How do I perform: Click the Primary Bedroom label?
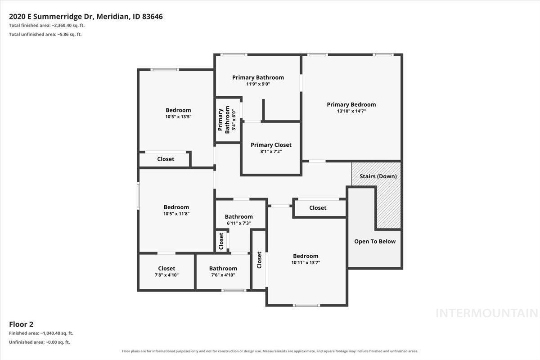click(351, 105)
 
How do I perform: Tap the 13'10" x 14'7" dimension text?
click(351, 111)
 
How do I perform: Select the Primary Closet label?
click(271, 145)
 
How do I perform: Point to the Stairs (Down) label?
click(378, 176)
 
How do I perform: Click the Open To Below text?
click(375, 241)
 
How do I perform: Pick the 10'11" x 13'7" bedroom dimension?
click(306, 263)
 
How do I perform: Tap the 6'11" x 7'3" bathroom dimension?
click(238, 223)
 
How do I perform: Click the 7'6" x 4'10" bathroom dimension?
click(223, 275)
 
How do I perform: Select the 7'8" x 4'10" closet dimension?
click(166, 275)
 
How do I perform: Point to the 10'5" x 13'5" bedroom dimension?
click(178, 117)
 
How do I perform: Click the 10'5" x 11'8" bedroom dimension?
click(176, 214)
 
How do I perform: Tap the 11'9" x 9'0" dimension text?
click(258, 84)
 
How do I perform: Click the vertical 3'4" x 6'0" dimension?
click(234, 120)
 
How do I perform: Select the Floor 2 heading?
click(21, 324)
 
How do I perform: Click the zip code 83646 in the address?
click(153, 16)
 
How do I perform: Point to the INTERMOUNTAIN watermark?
click(487, 313)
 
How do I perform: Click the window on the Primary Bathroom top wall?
click(234, 55)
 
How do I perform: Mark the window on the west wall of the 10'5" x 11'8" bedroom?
click(139, 196)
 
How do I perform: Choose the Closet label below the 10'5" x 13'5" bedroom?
click(166, 159)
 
